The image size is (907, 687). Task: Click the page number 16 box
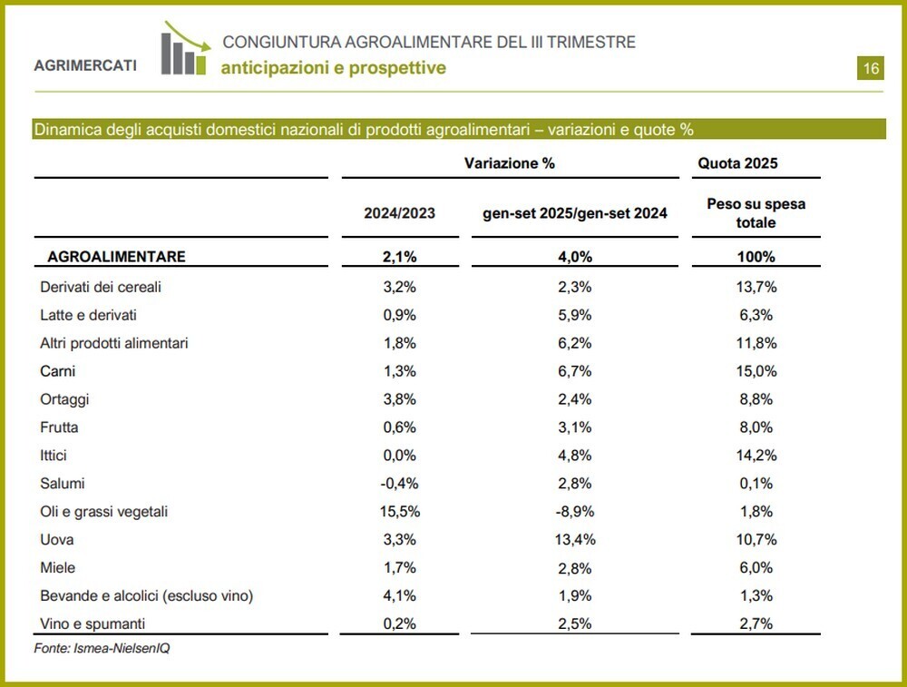pos(870,69)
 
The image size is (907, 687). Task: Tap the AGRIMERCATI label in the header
pos(85,65)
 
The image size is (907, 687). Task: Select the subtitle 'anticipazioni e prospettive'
pos(334,68)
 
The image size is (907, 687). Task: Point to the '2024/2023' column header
pos(399,213)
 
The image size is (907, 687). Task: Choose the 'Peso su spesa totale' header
pos(756,213)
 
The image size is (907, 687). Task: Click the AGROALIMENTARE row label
pos(116,257)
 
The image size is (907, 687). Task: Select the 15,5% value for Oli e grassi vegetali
pos(399,512)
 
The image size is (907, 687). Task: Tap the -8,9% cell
pos(573,512)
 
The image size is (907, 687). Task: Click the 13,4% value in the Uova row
pos(573,540)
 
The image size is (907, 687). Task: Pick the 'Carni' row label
pos(58,371)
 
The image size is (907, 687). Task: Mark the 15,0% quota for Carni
pos(756,371)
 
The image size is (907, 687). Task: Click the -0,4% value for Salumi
pos(399,484)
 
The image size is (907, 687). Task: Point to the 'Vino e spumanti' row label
pos(93,624)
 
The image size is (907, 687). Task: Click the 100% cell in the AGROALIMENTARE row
pos(756,257)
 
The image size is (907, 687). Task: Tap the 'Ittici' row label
pos(54,456)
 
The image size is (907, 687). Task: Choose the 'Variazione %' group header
pos(509,163)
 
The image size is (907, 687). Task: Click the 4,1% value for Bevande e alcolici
pos(399,596)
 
